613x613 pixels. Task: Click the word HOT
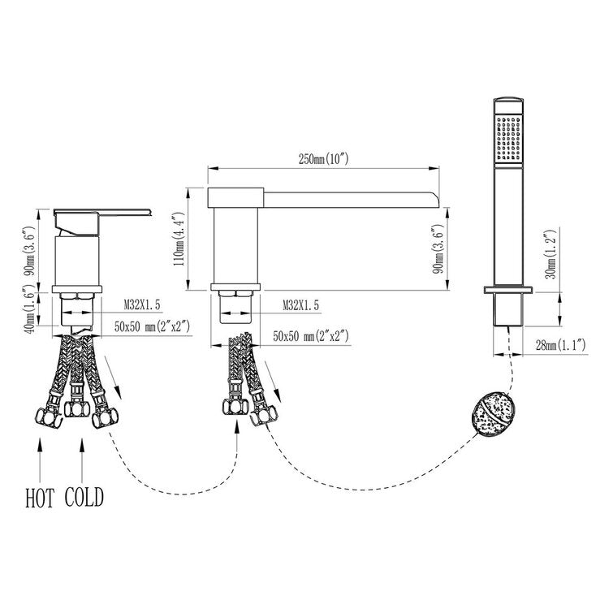[40, 498]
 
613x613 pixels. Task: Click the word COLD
[84, 497]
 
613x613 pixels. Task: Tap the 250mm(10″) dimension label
[323, 159]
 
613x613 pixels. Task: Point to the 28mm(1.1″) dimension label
[560, 345]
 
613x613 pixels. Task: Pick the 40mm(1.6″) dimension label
[32, 309]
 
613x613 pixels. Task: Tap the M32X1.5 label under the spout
[300, 305]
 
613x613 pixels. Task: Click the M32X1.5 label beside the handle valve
[142, 304]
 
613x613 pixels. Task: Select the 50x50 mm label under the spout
[311, 336]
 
